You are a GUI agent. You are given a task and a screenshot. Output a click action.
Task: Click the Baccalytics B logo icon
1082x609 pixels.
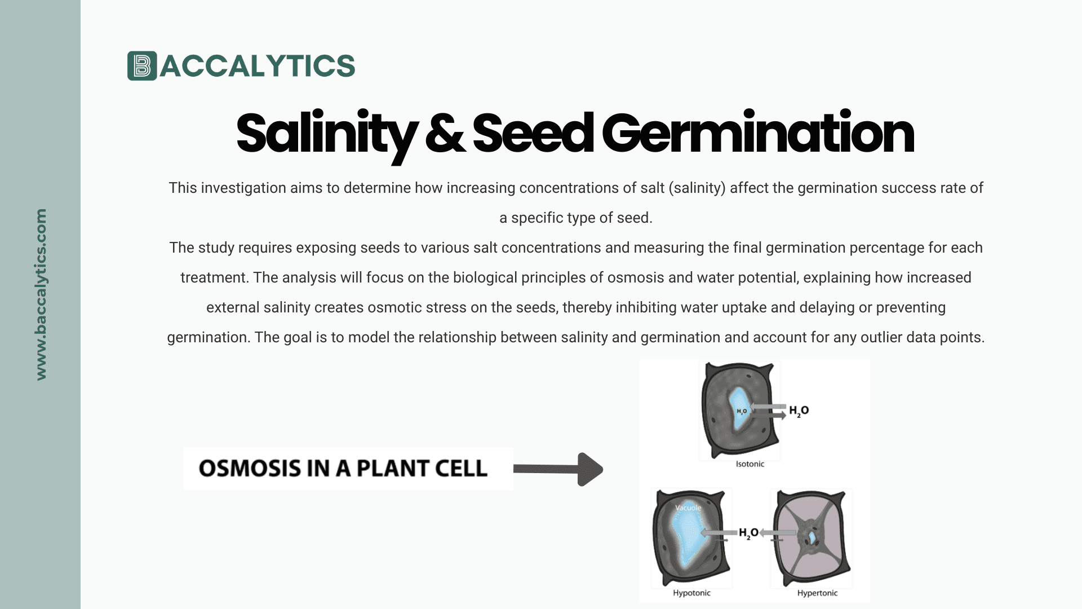pyautogui.click(x=141, y=66)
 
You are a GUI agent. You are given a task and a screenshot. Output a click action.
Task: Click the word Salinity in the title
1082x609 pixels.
pyautogui.click(x=326, y=134)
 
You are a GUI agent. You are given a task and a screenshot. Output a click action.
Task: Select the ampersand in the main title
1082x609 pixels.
pyautogui.click(x=445, y=134)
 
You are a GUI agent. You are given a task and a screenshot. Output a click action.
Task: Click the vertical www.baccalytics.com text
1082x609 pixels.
pyautogui.click(x=41, y=294)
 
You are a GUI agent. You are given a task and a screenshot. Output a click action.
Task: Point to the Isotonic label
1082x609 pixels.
pyautogui.click(x=750, y=464)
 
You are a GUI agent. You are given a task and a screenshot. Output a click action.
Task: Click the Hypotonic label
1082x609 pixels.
pyautogui.click(x=691, y=593)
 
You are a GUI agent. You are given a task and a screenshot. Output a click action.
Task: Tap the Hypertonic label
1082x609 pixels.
pyautogui.click(x=817, y=593)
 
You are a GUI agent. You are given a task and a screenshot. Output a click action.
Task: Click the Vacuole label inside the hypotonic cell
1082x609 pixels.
pyautogui.click(x=688, y=507)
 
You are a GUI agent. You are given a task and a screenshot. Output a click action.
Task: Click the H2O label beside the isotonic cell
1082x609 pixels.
pyautogui.click(x=799, y=411)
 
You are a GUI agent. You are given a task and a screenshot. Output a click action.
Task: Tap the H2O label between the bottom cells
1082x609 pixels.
pyautogui.click(x=748, y=533)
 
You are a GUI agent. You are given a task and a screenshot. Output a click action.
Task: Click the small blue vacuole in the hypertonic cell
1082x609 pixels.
pyautogui.click(x=812, y=537)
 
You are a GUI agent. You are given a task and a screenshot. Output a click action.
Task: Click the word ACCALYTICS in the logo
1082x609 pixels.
pyautogui.click(x=258, y=66)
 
